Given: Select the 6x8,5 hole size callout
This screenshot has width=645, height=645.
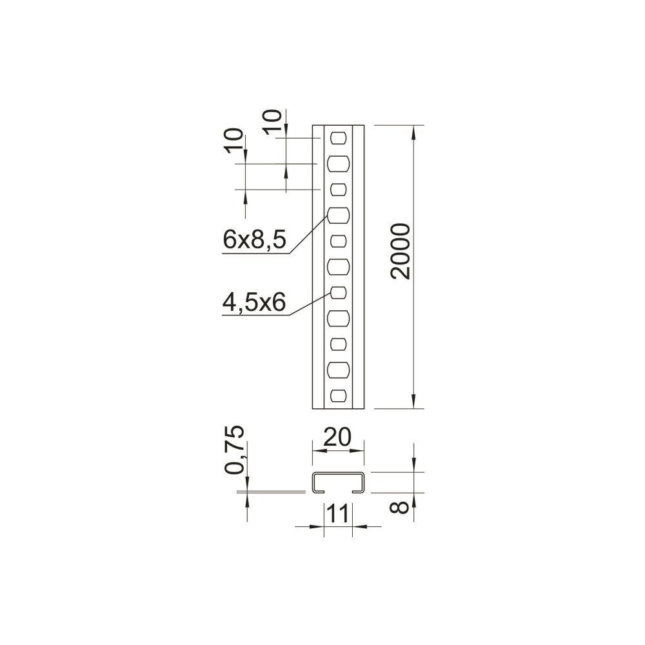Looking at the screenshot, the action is coord(253,240).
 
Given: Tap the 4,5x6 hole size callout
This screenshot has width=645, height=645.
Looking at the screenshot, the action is coord(253,303).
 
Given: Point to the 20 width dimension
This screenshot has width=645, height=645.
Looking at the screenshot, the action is coord(338,437).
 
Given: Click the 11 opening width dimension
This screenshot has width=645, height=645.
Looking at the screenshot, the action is coord(338,514).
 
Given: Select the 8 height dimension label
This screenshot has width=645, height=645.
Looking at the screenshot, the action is coord(399,506).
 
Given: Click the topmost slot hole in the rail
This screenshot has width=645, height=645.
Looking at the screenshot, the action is coord(339,138).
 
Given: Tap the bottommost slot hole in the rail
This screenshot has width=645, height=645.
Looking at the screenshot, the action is coord(339,396).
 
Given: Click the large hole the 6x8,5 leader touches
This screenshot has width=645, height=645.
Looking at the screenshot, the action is coord(339,215).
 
